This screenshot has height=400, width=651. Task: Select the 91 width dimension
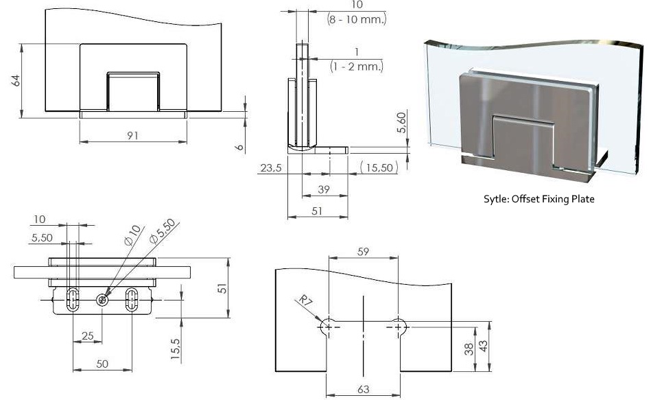click(x=132, y=135)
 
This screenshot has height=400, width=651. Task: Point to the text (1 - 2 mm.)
click(x=356, y=67)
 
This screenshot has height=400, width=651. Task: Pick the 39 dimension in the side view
click(x=323, y=189)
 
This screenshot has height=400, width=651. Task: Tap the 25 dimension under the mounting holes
click(x=87, y=336)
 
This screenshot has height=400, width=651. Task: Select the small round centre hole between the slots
click(x=102, y=299)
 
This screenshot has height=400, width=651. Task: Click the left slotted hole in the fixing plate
click(x=73, y=299)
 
